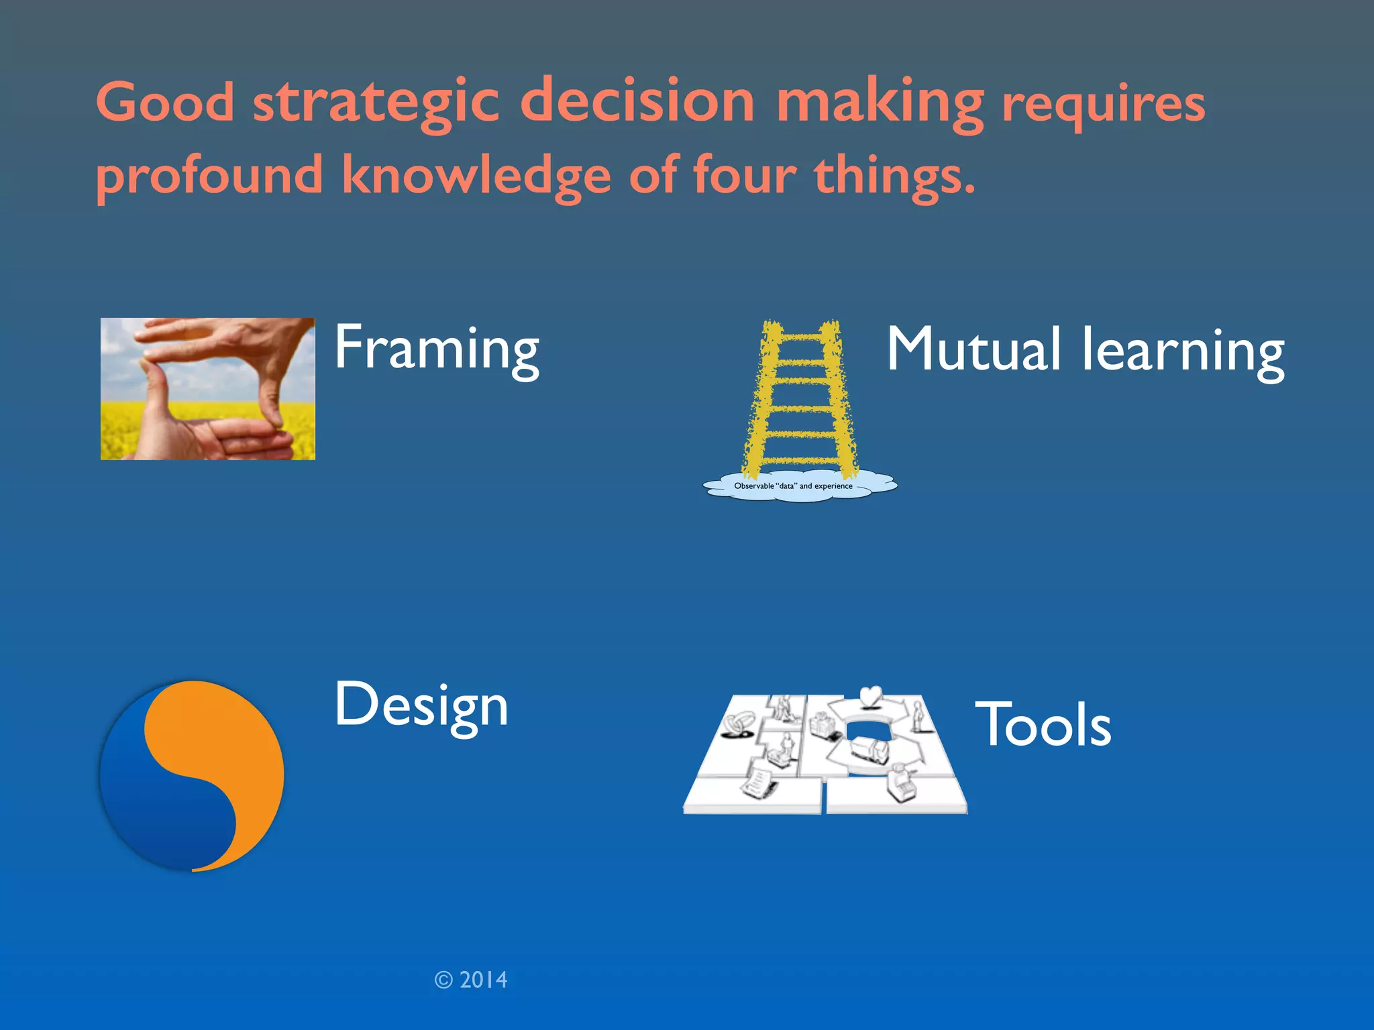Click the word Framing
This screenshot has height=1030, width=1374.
tap(436, 349)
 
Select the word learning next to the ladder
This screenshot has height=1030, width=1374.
tap(1183, 351)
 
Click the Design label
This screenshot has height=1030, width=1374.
tap(421, 705)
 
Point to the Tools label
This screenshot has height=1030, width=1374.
tap(1043, 726)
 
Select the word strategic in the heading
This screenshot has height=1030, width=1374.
tap(376, 104)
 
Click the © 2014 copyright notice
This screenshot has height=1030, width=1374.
tap(471, 980)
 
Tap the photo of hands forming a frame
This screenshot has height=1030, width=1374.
tap(207, 389)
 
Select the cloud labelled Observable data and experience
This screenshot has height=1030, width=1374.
tap(798, 486)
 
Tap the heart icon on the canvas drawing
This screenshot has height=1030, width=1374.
tap(870, 696)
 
